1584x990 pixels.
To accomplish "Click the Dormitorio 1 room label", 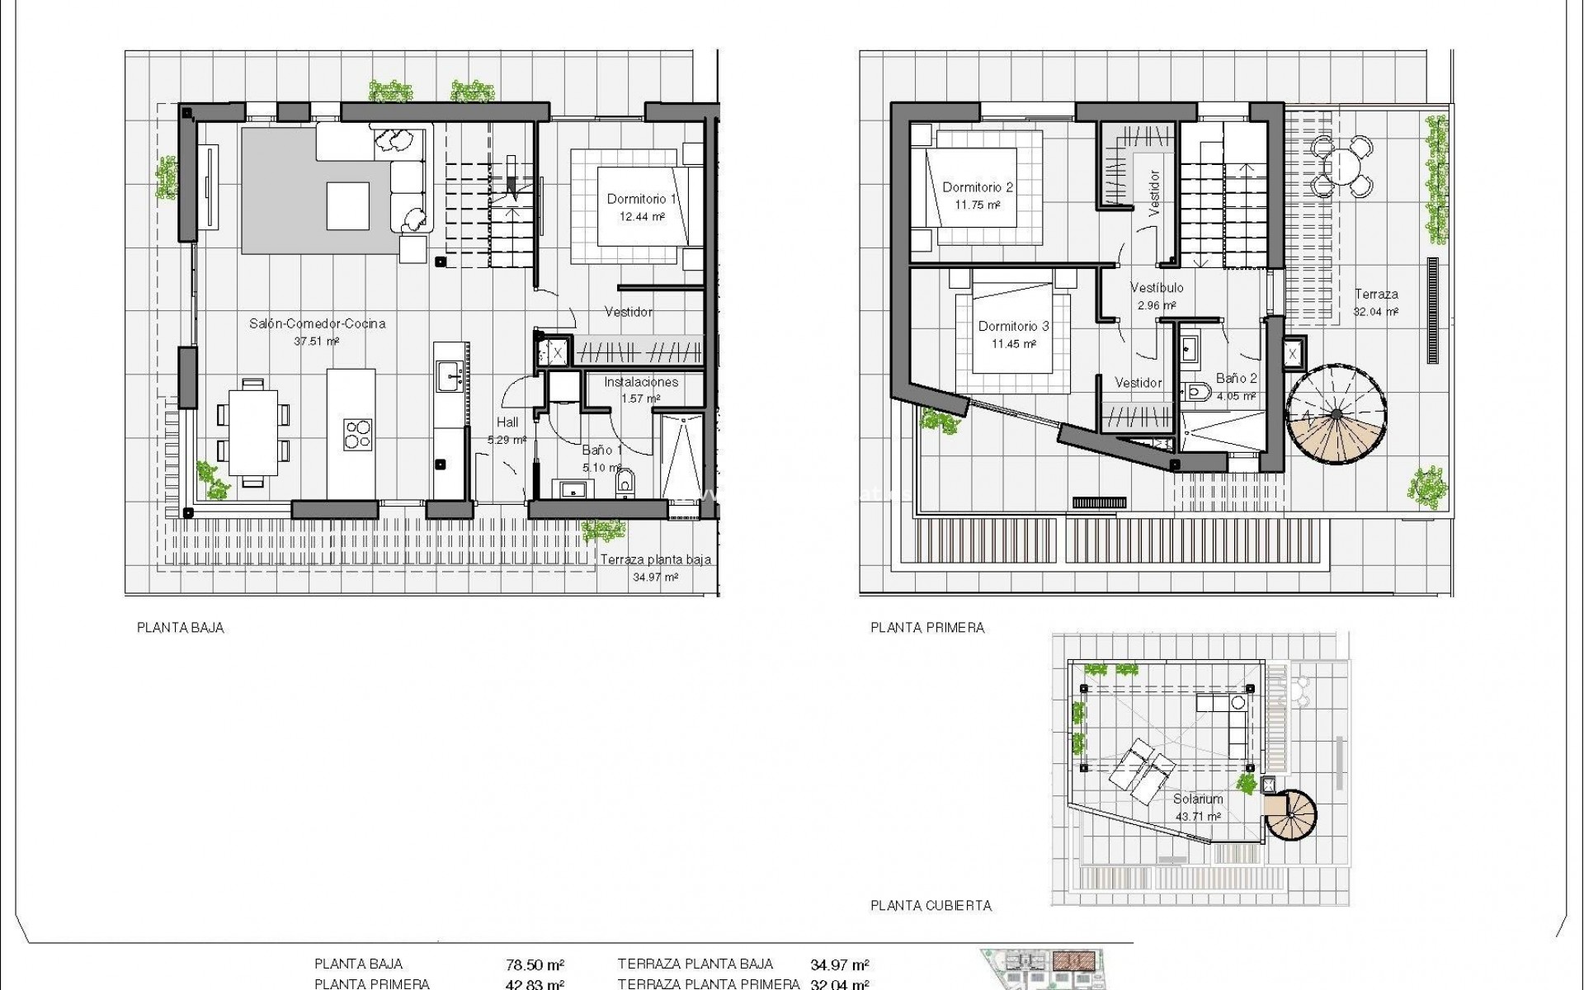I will click(x=641, y=199).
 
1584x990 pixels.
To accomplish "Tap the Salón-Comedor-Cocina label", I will click(x=317, y=323).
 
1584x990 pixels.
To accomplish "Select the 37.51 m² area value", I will click(x=317, y=341).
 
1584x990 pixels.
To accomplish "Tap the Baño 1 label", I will click(x=602, y=450).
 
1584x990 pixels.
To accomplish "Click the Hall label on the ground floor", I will click(x=507, y=422).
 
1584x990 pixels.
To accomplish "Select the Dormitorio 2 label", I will click(x=978, y=187).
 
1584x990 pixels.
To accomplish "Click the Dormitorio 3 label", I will click(x=1013, y=326).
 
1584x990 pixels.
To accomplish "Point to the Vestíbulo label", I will click(x=1156, y=288).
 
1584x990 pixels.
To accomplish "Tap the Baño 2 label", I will click(x=1236, y=379).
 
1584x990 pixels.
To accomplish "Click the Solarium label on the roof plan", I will click(x=1198, y=799).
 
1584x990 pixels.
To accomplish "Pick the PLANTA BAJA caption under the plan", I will click(x=180, y=628).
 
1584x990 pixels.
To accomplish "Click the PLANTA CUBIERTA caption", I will click(x=931, y=906).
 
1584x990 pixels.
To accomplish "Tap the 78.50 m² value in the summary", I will click(x=535, y=964).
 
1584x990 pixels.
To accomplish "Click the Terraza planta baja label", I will click(x=655, y=559).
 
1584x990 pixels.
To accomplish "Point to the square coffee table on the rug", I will click(x=347, y=205).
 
